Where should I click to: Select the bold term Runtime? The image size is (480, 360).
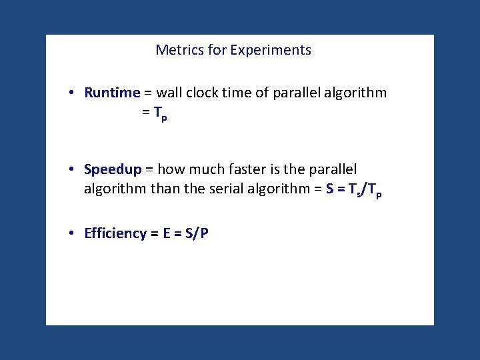[112, 93]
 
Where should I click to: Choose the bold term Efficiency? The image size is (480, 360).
[115, 233]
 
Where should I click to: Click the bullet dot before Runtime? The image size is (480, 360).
[71, 93]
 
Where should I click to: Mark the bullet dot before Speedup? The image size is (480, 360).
[71, 170]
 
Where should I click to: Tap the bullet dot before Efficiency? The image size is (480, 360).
[71, 233]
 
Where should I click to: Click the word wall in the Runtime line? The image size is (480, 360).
[169, 93]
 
